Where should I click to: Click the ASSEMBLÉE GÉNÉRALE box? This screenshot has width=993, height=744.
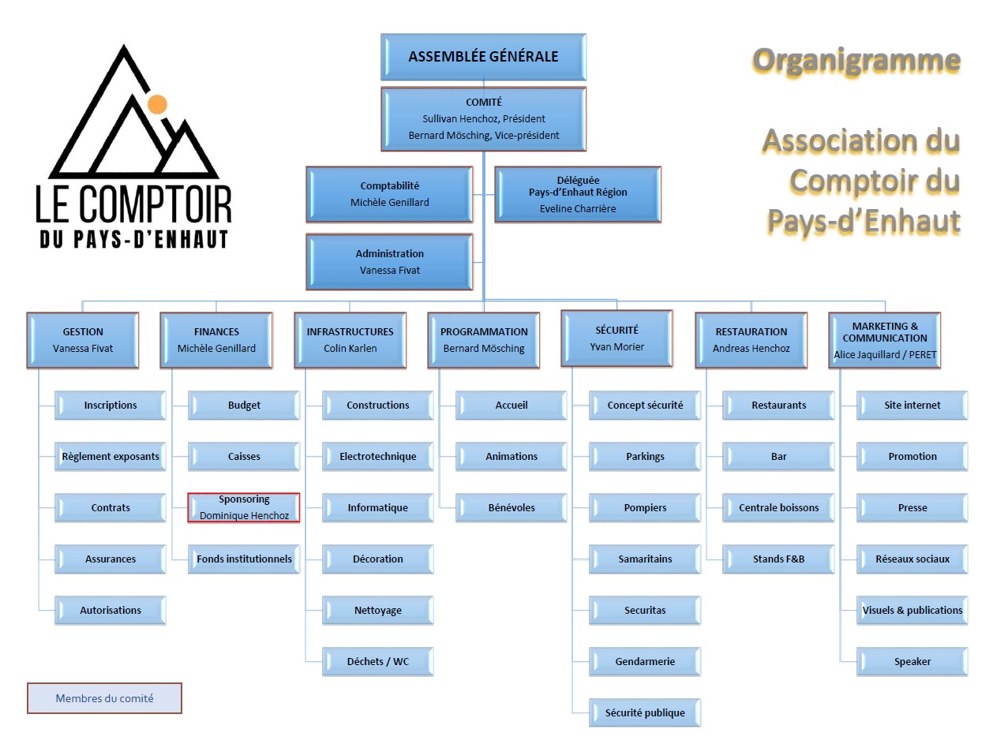point(483,57)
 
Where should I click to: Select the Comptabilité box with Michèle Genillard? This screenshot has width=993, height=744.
point(389,194)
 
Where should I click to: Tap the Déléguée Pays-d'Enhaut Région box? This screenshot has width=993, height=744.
point(577,194)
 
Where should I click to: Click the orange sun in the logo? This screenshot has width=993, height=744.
point(157,103)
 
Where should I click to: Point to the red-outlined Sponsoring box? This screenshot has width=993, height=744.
point(244,507)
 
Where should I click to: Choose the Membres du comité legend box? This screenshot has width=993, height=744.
point(104,698)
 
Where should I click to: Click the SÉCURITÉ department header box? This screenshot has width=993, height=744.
point(616,338)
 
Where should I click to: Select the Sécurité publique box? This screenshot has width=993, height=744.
point(645,712)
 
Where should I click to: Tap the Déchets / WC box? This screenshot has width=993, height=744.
point(378,661)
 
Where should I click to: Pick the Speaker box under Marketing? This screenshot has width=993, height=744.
point(912,661)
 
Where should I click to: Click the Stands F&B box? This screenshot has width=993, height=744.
point(778,559)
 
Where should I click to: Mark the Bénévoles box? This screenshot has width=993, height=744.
point(511,507)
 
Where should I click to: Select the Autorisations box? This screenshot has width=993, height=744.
point(111,610)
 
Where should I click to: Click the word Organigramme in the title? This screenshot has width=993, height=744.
point(856,60)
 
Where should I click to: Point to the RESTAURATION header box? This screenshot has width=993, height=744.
point(751,339)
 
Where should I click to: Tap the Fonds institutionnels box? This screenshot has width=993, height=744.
point(244,559)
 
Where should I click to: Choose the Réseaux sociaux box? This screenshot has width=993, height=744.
point(912,559)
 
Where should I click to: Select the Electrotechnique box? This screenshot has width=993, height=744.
point(377,456)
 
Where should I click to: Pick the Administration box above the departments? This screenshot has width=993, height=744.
point(389,262)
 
